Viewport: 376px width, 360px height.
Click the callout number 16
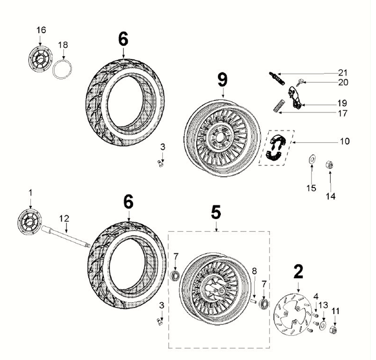point(42,29)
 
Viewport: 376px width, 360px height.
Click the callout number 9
point(222,81)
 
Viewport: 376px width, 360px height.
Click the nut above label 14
point(330,164)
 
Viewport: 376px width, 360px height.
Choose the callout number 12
point(64,218)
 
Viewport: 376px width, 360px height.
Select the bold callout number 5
point(215,212)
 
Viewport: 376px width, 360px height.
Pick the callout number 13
point(323,305)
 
